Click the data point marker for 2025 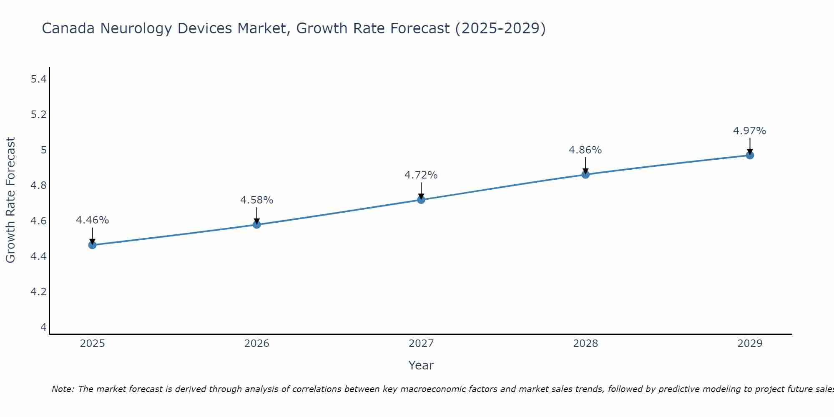click(x=93, y=245)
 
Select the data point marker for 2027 click(x=421, y=200)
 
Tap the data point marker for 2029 click(x=750, y=155)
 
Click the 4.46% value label click(x=93, y=220)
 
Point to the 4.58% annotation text click(x=257, y=200)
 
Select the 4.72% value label click(x=421, y=175)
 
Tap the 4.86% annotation click(x=585, y=150)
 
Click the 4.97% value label click(x=750, y=131)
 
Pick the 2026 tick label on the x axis click(x=257, y=344)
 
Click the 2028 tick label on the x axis click(x=585, y=344)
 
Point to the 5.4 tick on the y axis click(x=39, y=79)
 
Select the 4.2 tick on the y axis click(x=39, y=291)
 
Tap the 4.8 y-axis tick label click(x=39, y=185)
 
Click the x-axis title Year click(x=421, y=365)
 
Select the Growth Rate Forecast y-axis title click(x=10, y=200)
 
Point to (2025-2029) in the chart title click(x=500, y=28)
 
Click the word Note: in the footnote click(x=63, y=389)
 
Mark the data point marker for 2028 click(x=585, y=174)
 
